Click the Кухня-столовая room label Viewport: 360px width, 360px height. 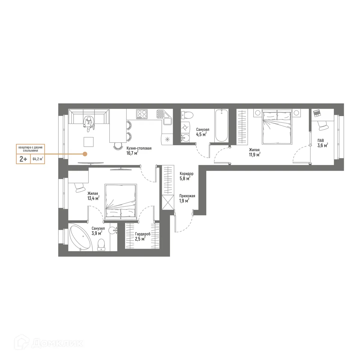139,148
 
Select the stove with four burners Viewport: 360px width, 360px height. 142,114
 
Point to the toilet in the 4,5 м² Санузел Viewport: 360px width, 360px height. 187,115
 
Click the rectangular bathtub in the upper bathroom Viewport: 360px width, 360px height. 221,125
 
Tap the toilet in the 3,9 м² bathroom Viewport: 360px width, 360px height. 102,244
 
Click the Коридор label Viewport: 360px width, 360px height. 186,173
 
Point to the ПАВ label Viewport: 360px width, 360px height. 321,140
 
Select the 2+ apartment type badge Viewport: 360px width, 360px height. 23,159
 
